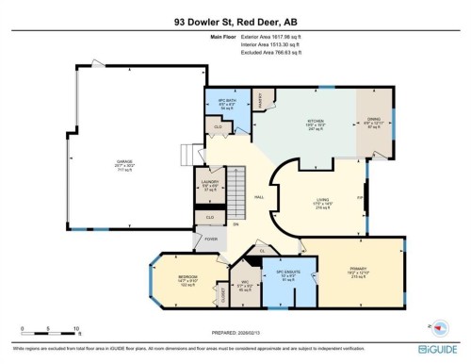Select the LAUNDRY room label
tap(210, 183)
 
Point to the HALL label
tap(260, 196)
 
